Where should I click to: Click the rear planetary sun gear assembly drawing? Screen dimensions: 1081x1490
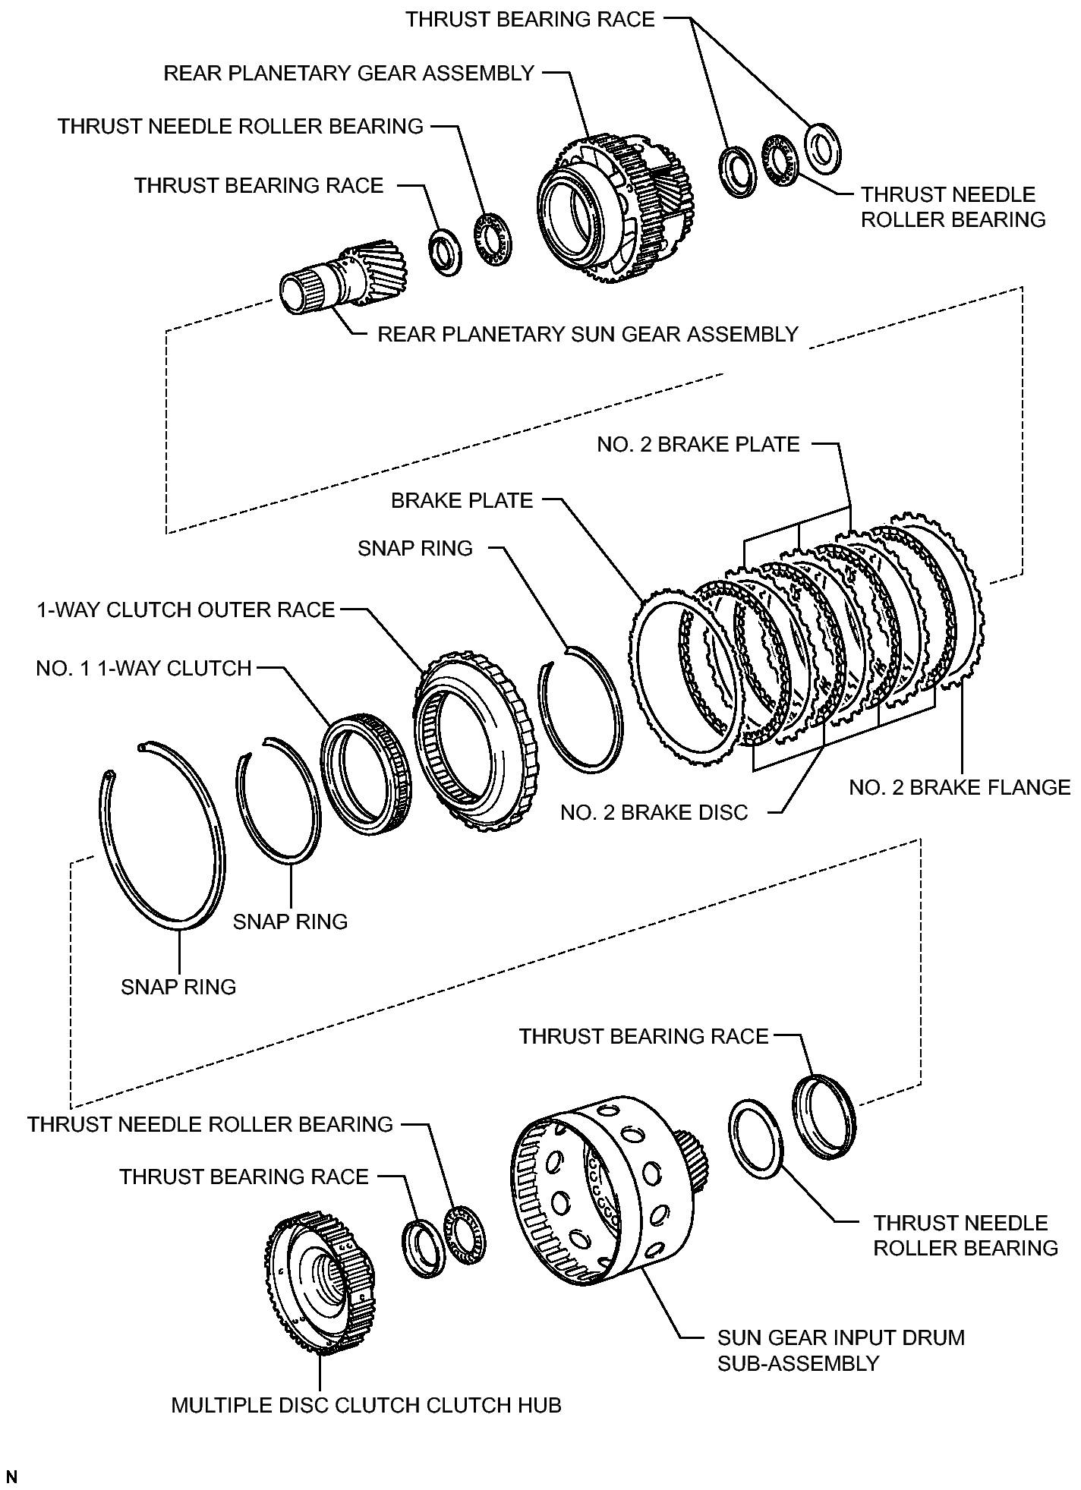coord(343,278)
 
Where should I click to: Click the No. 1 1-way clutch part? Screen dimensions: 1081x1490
coord(367,774)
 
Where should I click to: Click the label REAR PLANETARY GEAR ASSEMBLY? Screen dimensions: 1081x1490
coord(349,74)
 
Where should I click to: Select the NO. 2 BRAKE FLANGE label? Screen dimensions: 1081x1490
coord(960,788)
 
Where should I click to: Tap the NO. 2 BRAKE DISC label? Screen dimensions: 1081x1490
coord(654,813)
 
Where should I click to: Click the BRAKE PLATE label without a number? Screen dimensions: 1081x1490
coord(462,501)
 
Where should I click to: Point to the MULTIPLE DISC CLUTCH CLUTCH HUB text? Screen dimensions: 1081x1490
coord(366,1406)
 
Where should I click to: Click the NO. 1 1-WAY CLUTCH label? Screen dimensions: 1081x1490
coord(143,669)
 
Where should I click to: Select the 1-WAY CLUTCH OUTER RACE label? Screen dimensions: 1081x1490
coord(186,610)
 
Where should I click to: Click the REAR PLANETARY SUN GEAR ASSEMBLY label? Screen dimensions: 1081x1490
coord(588,335)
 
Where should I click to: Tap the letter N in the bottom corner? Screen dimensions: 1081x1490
coord(11,1477)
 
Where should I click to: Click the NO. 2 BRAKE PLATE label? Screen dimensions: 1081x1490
coord(698,445)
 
